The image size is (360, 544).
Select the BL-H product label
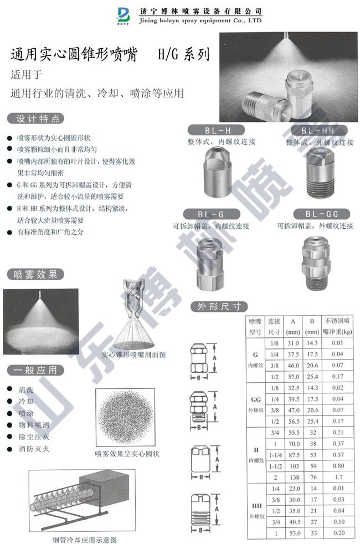coord(218,131)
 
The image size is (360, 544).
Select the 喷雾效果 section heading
coord(35,274)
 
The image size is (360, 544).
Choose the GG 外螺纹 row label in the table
coord(255,403)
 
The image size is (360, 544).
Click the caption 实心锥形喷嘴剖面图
coord(134,355)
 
